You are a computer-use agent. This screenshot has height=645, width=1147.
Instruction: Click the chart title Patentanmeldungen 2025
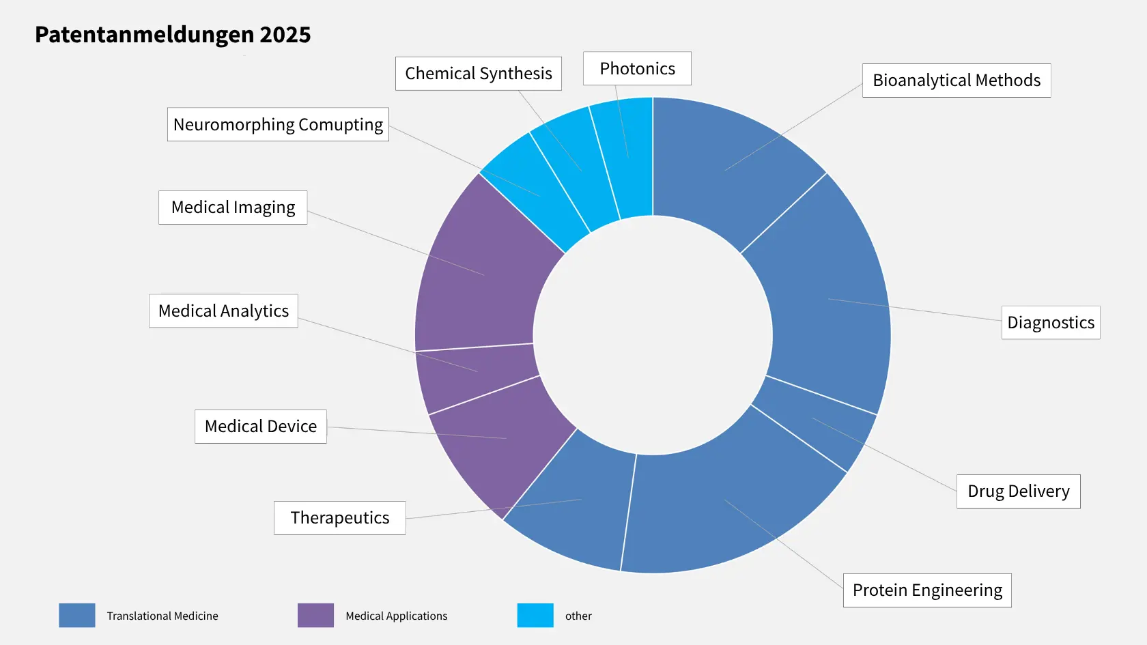pyautogui.click(x=173, y=35)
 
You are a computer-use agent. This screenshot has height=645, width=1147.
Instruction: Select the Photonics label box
pyautogui.click(x=637, y=68)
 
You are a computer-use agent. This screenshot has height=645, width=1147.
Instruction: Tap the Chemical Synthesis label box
pyautogui.click(x=478, y=74)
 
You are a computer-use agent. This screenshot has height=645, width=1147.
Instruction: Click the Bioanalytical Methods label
pyautogui.click(x=956, y=81)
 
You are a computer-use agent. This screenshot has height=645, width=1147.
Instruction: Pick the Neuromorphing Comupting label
pyautogui.click(x=278, y=124)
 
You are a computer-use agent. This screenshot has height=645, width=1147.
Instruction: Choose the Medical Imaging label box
pyautogui.click(x=233, y=207)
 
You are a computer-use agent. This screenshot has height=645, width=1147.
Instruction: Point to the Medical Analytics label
pyautogui.click(x=223, y=311)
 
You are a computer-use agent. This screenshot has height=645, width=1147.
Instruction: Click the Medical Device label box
pyautogui.click(x=260, y=427)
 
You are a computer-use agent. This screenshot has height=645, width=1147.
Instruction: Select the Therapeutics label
pyautogui.click(x=339, y=518)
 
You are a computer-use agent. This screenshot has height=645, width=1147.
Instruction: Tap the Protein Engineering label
pyautogui.click(x=926, y=590)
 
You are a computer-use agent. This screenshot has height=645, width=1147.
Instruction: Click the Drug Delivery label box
pyautogui.click(x=1018, y=491)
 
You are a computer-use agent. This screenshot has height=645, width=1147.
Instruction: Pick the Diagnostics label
pyautogui.click(x=1050, y=323)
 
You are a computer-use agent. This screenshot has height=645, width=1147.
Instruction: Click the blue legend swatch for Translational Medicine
pyautogui.click(x=76, y=615)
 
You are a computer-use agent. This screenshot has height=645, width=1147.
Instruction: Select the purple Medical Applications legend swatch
pyautogui.click(x=315, y=615)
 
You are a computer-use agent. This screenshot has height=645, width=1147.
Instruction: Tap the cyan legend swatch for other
pyautogui.click(x=535, y=615)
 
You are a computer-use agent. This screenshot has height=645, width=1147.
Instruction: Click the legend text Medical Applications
pyautogui.click(x=396, y=616)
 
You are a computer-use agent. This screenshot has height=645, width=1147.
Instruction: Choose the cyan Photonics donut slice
pyautogui.click(x=625, y=157)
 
